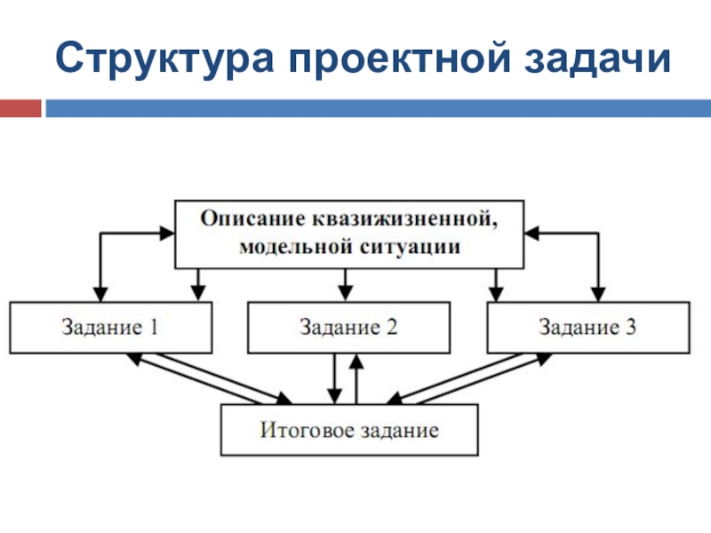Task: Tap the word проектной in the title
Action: [399, 58]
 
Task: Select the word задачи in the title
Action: [597, 58]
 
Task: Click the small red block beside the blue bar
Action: [20, 108]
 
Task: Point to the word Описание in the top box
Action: [253, 219]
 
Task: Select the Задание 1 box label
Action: [109, 327]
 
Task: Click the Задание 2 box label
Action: [348, 327]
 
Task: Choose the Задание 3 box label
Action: [587, 327]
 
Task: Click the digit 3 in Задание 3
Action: [631, 327]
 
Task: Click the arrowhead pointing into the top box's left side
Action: [168, 234]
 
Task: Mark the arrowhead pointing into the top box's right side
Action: [531, 234]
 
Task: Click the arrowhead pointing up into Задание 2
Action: [357, 361]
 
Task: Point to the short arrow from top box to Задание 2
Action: [345, 284]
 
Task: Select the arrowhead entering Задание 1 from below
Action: [134, 359]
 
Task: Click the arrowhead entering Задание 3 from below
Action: [543, 359]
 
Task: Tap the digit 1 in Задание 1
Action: [154, 327]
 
